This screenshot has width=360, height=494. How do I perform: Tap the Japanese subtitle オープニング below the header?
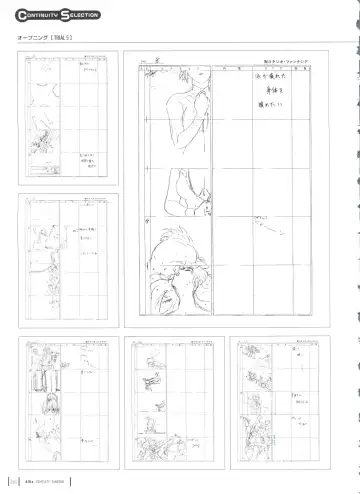[x=36, y=38]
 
